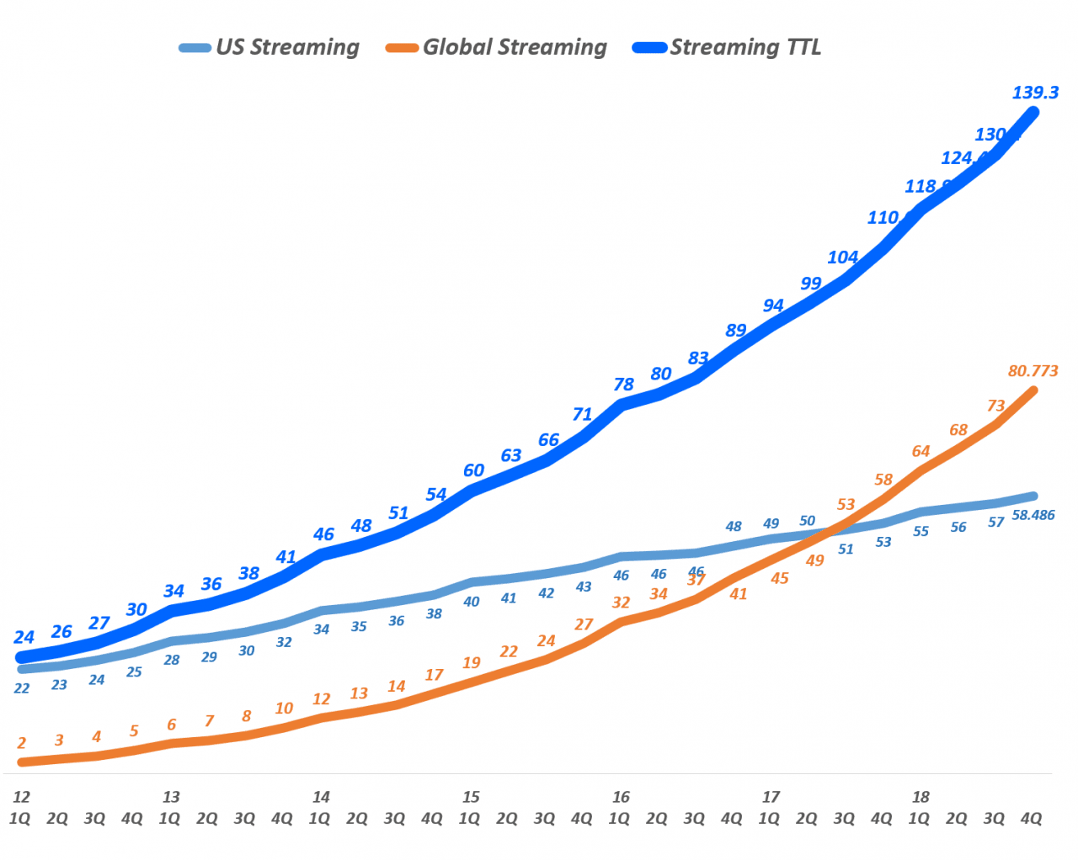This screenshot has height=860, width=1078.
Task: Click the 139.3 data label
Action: [x=1035, y=93]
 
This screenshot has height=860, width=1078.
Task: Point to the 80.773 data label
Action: [x=1033, y=371]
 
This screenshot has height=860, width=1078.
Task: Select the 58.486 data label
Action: [x=1033, y=515]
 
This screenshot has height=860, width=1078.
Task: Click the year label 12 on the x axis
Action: [x=21, y=797]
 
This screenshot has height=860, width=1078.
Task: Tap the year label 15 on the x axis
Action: [x=471, y=797]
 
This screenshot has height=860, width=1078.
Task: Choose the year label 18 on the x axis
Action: [x=921, y=797]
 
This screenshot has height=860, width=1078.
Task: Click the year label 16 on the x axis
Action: [x=621, y=797]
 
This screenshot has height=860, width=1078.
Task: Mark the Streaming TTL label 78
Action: [x=623, y=385]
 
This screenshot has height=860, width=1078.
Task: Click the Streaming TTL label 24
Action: [x=24, y=637]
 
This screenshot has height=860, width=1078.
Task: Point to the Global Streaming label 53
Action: [x=846, y=505]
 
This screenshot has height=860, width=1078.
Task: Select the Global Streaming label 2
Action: [x=21, y=743]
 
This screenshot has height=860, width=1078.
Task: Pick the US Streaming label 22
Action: [x=21, y=688]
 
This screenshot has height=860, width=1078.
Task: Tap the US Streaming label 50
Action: [x=807, y=521]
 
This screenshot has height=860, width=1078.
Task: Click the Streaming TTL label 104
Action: [x=842, y=257]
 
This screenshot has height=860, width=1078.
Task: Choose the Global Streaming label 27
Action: [x=584, y=624]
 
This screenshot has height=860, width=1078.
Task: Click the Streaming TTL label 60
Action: [x=473, y=470]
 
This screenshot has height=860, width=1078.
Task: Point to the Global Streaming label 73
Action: [x=995, y=406]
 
